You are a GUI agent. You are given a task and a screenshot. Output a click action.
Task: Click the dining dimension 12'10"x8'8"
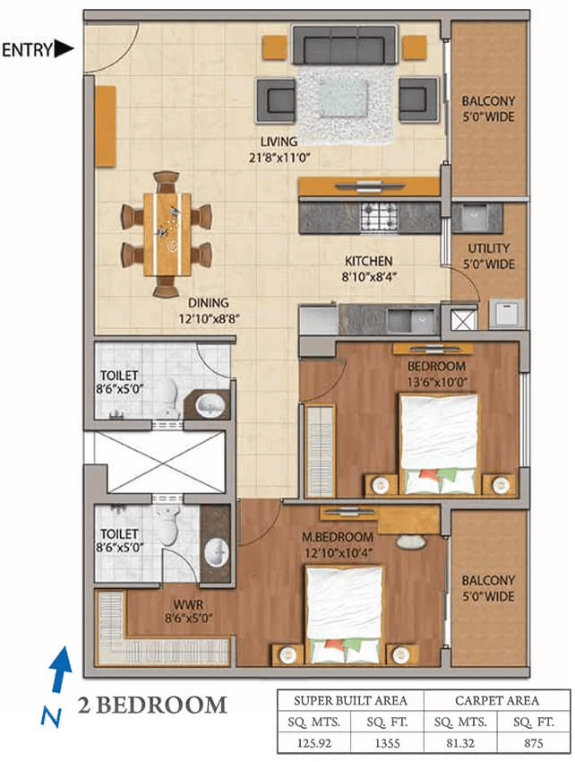coord(210,317)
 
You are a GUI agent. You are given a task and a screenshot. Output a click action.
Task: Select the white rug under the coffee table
coord(344,103)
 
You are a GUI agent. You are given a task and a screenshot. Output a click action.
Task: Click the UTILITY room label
coord(489,248)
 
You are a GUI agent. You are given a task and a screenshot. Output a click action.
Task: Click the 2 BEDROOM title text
coord(151,705)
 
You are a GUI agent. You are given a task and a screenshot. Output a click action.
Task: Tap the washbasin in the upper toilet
coord(210,406)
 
